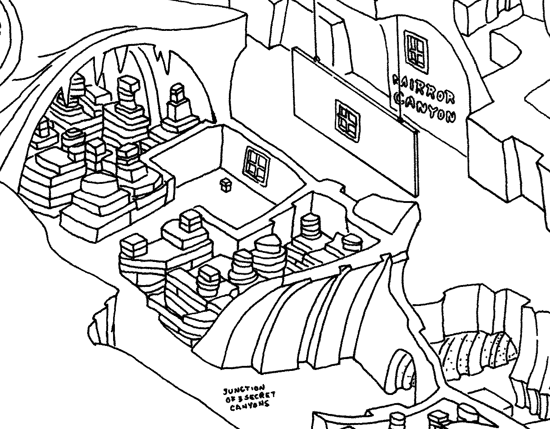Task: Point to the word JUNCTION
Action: pos(243,391)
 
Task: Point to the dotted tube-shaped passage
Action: pos(477,352)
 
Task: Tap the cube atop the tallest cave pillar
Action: pos(128,84)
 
